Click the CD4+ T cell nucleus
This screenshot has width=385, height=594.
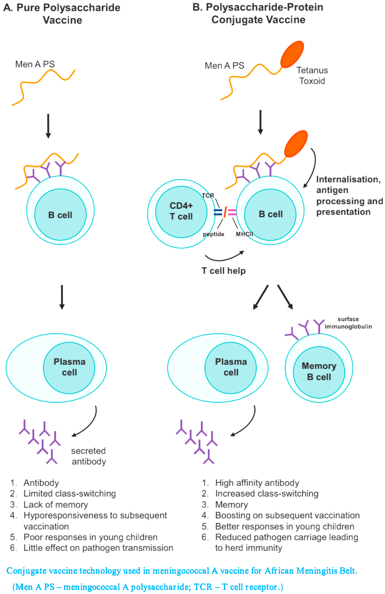pyautogui.click(x=181, y=211)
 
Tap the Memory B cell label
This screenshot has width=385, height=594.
pyautogui.click(x=319, y=371)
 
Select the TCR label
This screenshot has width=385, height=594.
pyautogui.click(x=208, y=195)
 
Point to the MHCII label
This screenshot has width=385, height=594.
pyautogui.click(x=244, y=234)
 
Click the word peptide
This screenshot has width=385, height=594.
pyautogui.click(x=214, y=234)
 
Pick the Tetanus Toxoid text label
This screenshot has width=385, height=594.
pyautogui.click(x=312, y=76)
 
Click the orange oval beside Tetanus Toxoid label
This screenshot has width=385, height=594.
pyautogui.click(x=292, y=54)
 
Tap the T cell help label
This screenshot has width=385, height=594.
pyautogui.click(x=224, y=271)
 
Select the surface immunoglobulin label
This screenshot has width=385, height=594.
pyautogui.click(x=348, y=323)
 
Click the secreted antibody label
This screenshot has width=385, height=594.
pyautogui.click(x=89, y=456)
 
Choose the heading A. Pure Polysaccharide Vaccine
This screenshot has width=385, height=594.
pyautogui.click(x=62, y=14)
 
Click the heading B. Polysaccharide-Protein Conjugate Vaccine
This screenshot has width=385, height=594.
pyautogui.click(x=258, y=13)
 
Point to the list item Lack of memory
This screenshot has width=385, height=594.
pyautogui.click(x=56, y=504)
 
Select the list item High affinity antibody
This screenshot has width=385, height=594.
pyautogui.click(x=257, y=483)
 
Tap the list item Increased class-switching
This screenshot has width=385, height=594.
pyautogui.click(x=267, y=493)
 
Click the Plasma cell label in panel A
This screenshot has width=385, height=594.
pyautogui.click(x=69, y=367)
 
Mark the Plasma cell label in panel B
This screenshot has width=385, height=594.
pyautogui.click(x=231, y=367)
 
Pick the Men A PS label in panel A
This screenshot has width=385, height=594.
pyautogui.click(x=35, y=64)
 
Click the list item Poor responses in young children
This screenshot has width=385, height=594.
pyautogui.click(x=90, y=537)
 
